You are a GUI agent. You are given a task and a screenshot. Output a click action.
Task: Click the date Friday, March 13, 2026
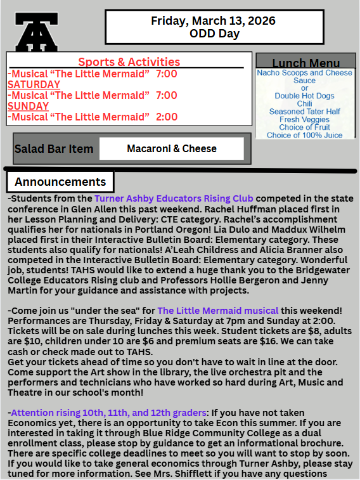tap(213, 21)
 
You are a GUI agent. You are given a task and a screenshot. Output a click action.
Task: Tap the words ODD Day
tap(214, 34)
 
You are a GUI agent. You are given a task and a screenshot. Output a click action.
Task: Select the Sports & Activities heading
tap(129, 62)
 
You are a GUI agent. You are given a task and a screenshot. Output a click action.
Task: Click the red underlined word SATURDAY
tap(34, 84)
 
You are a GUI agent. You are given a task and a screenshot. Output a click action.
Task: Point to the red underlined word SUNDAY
tap(28, 106)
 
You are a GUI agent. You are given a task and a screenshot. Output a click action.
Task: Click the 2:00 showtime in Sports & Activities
tap(167, 117)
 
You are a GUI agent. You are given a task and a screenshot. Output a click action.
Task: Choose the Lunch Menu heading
tap(305, 63)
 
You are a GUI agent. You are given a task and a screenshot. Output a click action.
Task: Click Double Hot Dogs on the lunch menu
tap(304, 96)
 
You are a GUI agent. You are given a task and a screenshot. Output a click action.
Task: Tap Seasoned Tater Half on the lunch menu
tap(304, 112)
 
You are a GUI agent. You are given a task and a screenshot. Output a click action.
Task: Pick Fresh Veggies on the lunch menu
tap(304, 120)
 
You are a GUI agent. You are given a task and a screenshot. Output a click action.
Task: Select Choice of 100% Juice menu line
tap(304, 135)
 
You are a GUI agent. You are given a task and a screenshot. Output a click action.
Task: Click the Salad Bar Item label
tap(54, 150)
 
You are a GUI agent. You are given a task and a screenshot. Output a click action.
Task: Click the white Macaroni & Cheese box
tap(172, 149)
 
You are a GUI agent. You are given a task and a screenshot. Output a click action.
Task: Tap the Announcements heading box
tap(60, 182)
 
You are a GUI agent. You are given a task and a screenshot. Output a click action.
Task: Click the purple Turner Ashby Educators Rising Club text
tap(174, 199)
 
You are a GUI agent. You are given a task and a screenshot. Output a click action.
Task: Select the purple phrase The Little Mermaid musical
tap(217, 310)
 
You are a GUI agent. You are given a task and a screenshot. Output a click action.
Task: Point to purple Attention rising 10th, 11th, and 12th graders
tap(108, 412)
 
